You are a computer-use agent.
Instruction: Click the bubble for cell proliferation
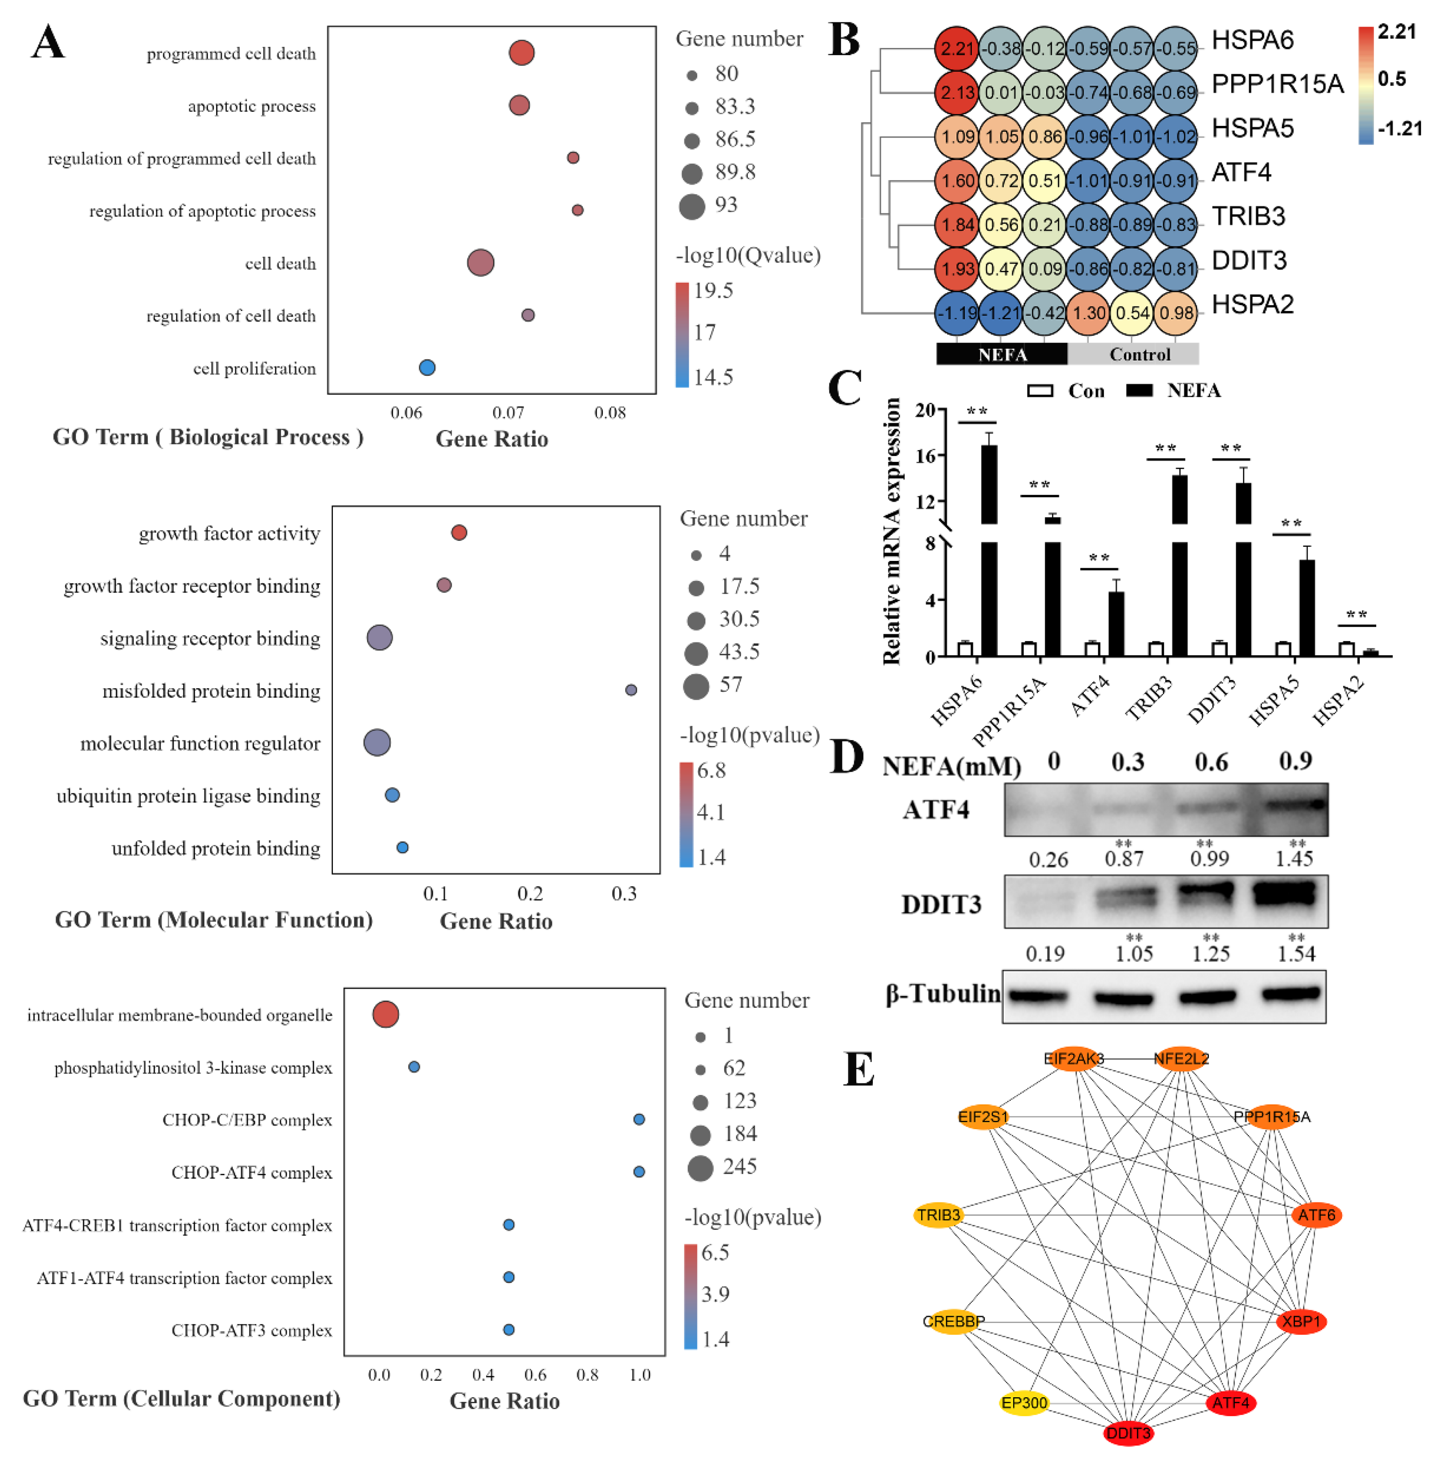click(x=427, y=368)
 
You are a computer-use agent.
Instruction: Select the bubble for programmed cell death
click(x=522, y=53)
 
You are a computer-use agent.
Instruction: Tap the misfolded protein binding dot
click(x=630, y=690)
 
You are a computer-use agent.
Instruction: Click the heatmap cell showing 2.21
click(x=957, y=48)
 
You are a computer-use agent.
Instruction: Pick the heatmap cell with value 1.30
click(x=1089, y=312)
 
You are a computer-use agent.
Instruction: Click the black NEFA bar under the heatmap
click(x=1001, y=354)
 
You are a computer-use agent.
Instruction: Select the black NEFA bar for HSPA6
click(x=989, y=552)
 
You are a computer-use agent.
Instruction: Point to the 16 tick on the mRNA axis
click(x=926, y=456)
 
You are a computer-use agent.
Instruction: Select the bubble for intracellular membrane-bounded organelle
click(x=385, y=1015)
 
